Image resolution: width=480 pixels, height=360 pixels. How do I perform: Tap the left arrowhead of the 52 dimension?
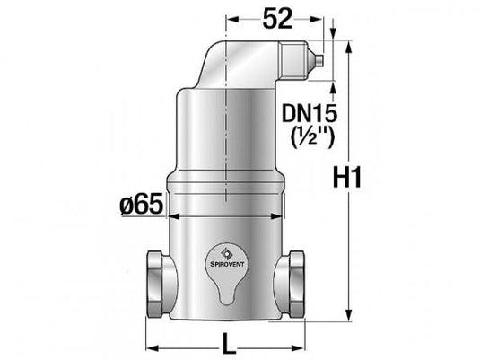click(x=229, y=15)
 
